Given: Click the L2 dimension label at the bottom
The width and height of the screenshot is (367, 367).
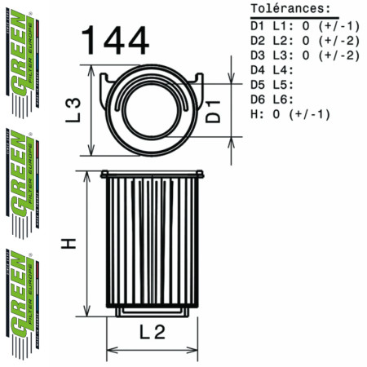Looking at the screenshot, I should click(x=153, y=331).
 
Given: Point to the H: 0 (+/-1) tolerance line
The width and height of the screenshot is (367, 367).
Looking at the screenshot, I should click(x=290, y=114).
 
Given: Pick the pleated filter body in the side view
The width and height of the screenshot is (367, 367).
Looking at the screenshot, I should click(x=152, y=245).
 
